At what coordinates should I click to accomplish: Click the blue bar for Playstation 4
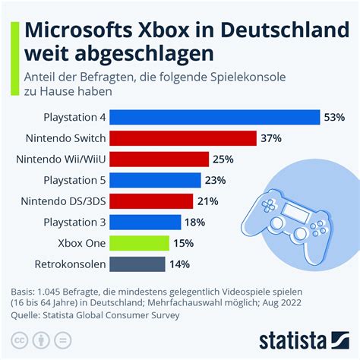click(x=215, y=117)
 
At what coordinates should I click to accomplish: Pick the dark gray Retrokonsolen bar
click(x=137, y=264)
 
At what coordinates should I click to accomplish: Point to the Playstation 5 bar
click(x=156, y=180)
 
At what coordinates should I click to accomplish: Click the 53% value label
click(x=335, y=117)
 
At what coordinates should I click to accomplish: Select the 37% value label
click(x=271, y=138)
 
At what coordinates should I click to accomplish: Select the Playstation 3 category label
click(x=71, y=222)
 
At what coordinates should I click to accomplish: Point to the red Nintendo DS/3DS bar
click(x=151, y=201)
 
